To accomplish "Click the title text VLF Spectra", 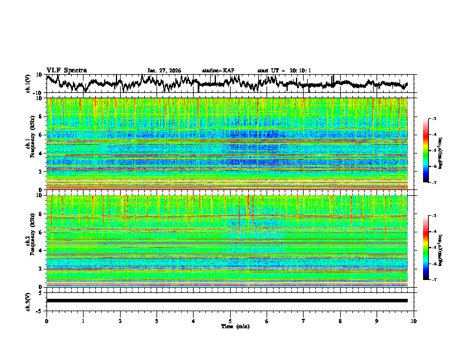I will pos(66,70).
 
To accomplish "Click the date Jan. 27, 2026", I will pos(164,71).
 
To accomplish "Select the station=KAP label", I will pos(218,71).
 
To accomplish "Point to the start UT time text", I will pos(284,71).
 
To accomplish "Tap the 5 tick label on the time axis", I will pos(230,321).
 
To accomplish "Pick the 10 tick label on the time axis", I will pos(414,321).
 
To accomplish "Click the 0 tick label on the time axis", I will pos(46,321).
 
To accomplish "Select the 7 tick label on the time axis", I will pos(304,321).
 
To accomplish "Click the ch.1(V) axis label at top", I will pos(28,84).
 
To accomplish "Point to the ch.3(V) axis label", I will pos(28,301).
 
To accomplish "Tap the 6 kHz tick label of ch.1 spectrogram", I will pos(41,135).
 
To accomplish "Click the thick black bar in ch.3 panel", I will pos(227,301).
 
